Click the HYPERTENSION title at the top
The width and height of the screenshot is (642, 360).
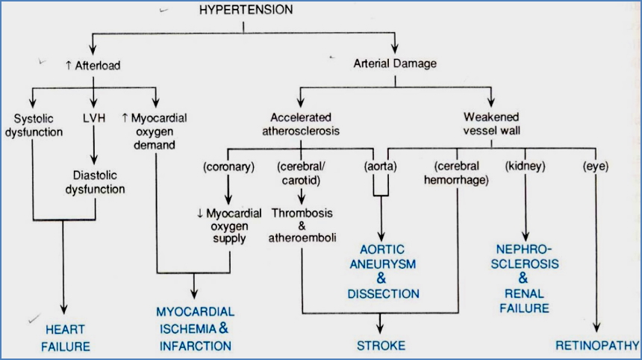pos(244,10)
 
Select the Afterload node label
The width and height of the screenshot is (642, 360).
pos(93,66)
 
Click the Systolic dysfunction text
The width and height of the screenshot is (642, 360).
pos(38,123)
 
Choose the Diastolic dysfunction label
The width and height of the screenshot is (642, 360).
pos(94,181)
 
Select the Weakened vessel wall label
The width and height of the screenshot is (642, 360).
pos(492,123)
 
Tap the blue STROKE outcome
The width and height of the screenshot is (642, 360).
pos(381,345)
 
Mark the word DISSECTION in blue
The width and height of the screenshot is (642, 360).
pos(383,294)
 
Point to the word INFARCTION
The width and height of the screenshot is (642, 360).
pos(195,345)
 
